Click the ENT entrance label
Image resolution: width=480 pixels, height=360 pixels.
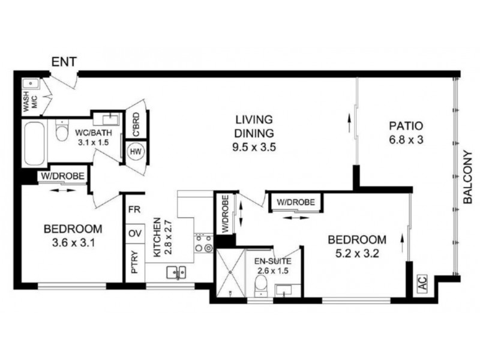point(64,61)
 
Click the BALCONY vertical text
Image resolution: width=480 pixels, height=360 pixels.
point(469,176)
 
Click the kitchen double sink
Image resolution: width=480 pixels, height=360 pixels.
point(175,273)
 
